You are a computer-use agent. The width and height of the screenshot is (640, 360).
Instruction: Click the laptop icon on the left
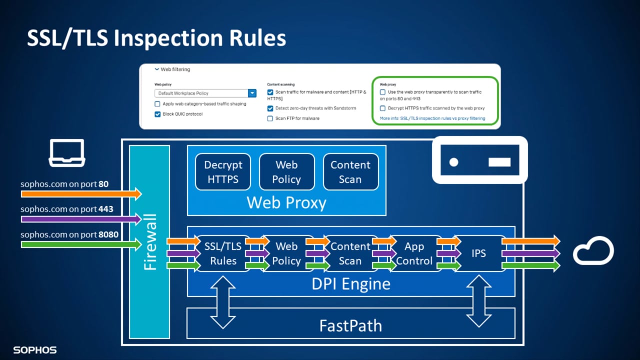pyautogui.click(x=66, y=153)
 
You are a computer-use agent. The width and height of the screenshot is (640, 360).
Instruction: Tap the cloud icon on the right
pyautogui.click(x=593, y=251)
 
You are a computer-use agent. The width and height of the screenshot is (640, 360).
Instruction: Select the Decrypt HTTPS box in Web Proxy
pyautogui.click(x=223, y=172)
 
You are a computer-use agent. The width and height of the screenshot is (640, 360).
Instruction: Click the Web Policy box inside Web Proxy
pyautogui.click(x=286, y=172)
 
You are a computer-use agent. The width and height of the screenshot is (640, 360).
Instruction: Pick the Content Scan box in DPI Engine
pyautogui.click(x=350, y=253)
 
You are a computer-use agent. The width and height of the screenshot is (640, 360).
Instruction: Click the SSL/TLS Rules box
pyautogui.click(x=223, y=253)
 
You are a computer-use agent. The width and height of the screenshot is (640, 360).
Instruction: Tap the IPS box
pyautogui.click(x=478, y=253)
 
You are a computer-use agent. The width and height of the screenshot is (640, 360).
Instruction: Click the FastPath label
pyautogui.click(x=350, y=326)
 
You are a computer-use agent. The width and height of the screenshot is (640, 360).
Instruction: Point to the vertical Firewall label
pyautogui.click(x=149, y=242)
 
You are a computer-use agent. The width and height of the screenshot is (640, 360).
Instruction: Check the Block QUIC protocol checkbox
pyautogui.click(x=158, y=114)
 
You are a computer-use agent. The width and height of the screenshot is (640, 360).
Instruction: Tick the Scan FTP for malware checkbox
pyautogui.click(x=270, y=118)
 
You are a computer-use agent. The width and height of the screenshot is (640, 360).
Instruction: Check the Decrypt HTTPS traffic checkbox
pyautogui.click(x=383, y=108)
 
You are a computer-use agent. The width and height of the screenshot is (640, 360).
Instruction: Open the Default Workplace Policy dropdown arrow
pyautogui.click(x=252, y=93)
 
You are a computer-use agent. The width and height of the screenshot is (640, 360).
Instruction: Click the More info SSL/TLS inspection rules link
pyautogui.click(x=432, y=118)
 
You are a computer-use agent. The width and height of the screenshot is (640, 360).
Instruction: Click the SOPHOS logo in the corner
pyautogui.click(x=35, y=350)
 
